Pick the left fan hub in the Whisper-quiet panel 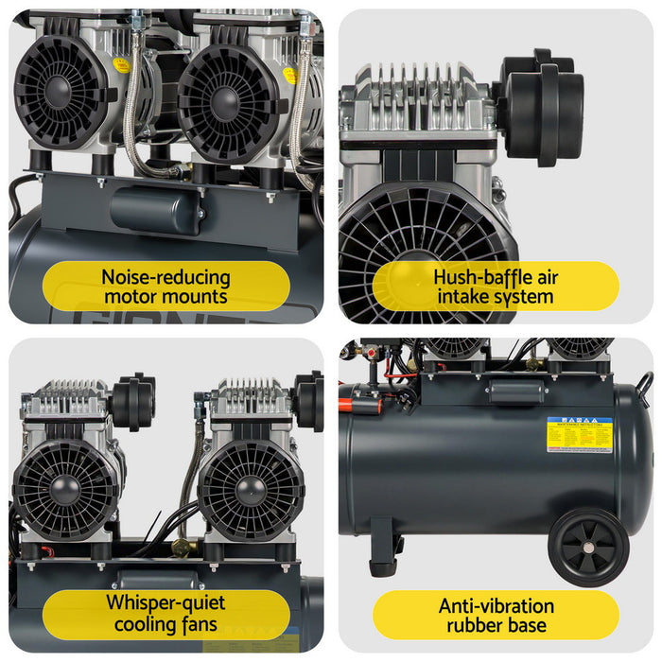(x=64, y=490)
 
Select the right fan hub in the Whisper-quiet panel (x=251, y=490)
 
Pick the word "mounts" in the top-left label (x=193, y=296)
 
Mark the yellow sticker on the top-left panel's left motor (x=121, y=64)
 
